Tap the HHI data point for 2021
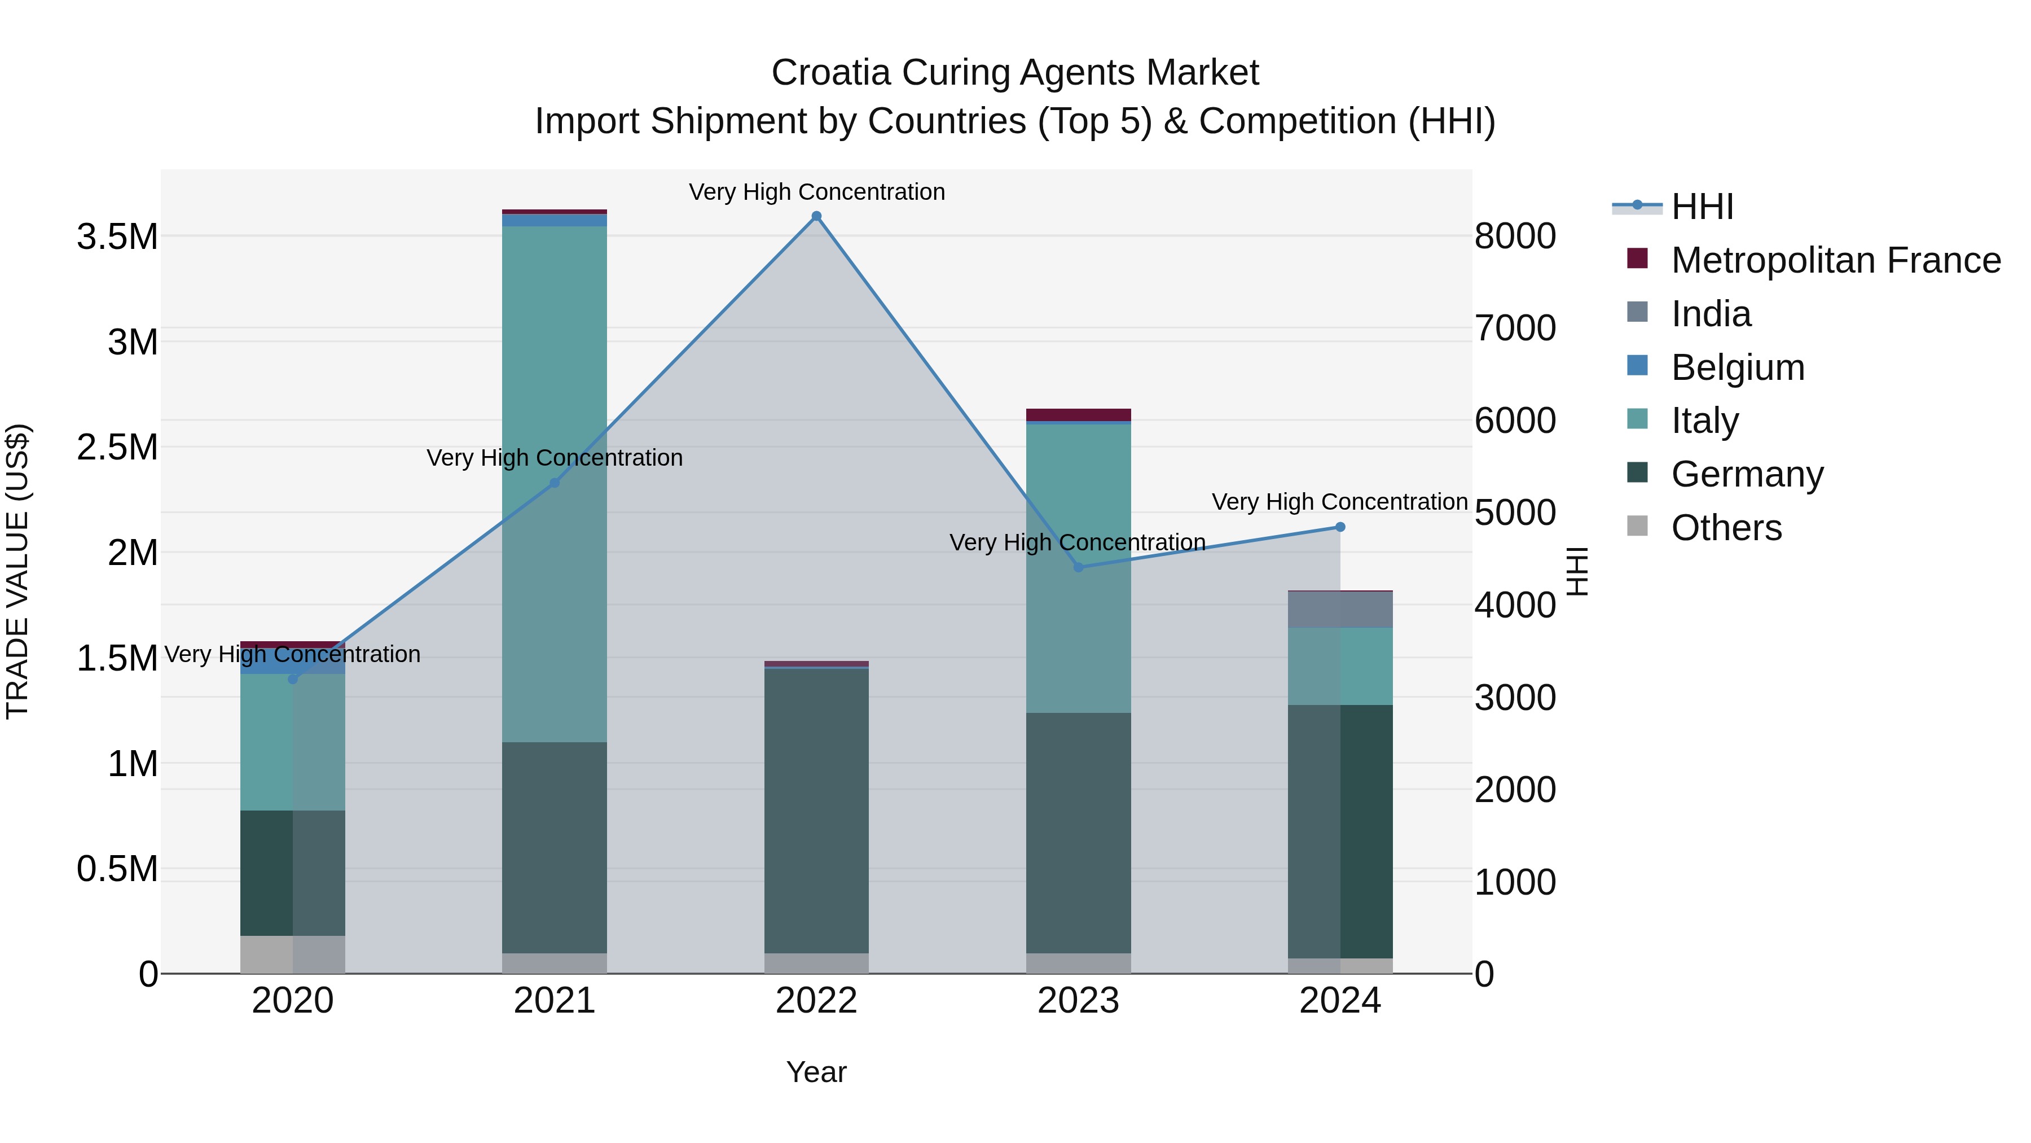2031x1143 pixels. coord(554,483)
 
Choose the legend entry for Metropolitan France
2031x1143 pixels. coord(1835,260)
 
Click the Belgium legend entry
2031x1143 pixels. coord(1738,367)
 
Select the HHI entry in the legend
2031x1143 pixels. coord(1702,207)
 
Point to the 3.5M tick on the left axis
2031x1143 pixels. coord(117,237)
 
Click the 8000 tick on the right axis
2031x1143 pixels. coord(1515,236)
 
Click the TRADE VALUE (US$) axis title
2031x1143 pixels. coord(17,571)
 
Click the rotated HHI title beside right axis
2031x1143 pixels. coord(1576,571)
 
